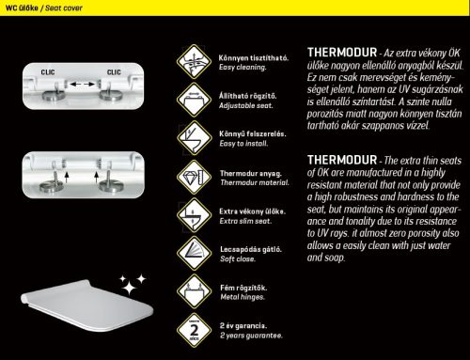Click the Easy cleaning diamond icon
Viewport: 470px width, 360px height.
[x=194, y=61]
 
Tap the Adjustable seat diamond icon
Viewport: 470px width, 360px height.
[x=194, y=100]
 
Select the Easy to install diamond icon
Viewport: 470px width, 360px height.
[x=194, y=138]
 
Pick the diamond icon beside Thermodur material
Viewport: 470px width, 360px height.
[x=194, y=177]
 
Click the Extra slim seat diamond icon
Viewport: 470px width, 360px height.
[x=194, y=215]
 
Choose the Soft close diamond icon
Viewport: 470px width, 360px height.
[x=194, y=253]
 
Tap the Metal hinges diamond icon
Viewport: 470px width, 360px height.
[x=194, y=291]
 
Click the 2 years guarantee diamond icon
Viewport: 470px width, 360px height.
[x=194, y=330]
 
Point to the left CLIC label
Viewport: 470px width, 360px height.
[x=48, y=72]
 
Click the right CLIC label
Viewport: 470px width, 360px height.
[x=114, y=72]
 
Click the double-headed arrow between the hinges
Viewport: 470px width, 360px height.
[x=82, y=84]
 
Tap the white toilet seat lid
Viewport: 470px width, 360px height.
[x=87, y=305]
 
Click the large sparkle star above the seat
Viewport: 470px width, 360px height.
[x=129, y=288]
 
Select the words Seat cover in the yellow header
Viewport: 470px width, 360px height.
[x=64, y=8]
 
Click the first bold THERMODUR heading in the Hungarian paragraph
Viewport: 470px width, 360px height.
[x=342, y=53]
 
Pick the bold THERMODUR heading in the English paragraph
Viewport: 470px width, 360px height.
[x=342, y=160]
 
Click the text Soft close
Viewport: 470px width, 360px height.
[x=238, y=258]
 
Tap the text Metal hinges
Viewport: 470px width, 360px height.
[x=243, y=297]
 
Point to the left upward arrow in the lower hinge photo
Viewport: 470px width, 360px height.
[x=67, y=177]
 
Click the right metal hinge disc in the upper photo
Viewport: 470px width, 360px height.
[x=111, y=95]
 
